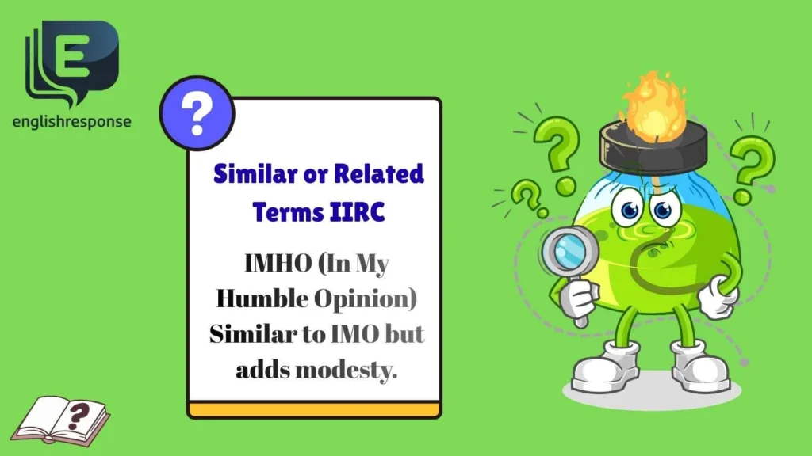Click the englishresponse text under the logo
[x=72, y=122]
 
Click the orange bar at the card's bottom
[x=314, y=409]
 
